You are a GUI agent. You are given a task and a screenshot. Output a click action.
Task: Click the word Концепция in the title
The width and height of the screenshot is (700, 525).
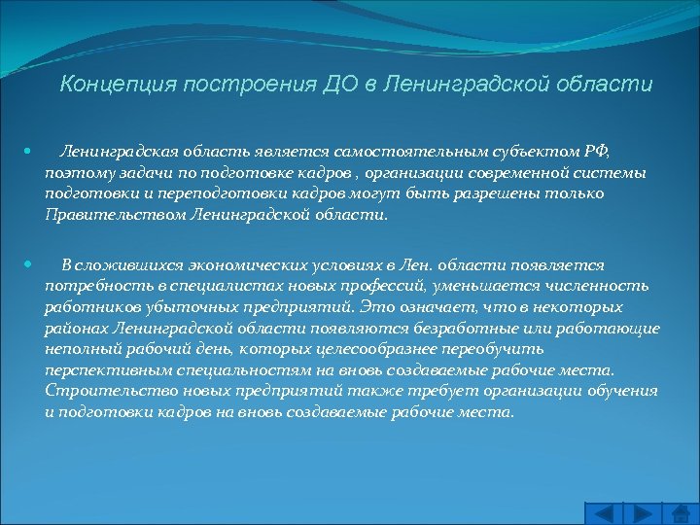[109, 84]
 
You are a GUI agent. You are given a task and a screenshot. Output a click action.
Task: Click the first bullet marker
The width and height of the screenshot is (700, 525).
[28, 152]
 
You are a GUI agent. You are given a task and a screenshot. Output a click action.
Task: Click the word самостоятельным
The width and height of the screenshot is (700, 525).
[422, 152]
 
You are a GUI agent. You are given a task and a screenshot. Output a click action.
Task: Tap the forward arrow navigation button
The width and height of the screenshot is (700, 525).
[643, 513]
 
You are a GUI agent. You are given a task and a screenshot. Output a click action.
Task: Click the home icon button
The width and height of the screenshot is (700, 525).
[680, 513]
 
